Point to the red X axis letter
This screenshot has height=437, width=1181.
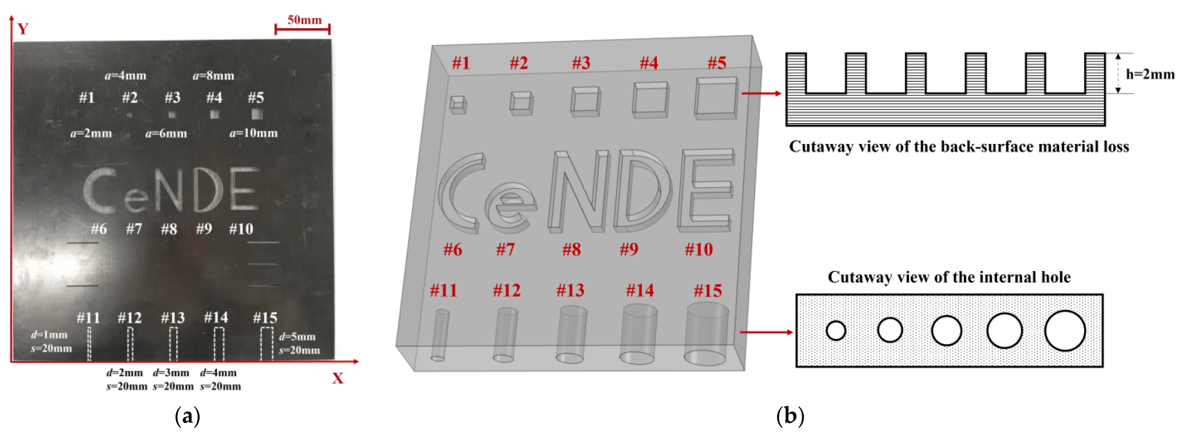(338, 379)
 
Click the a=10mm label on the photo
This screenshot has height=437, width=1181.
(254, 133)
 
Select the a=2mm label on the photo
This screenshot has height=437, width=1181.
(91, 133)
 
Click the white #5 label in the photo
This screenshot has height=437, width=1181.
(256, 97)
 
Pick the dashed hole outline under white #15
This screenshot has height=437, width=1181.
(266, 344)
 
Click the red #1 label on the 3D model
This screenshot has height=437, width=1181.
(461, 63)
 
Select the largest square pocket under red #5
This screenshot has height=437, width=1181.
(716, 98)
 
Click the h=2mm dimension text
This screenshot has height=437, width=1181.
(1150, 74)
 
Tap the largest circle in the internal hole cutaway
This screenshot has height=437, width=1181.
(1065, 331)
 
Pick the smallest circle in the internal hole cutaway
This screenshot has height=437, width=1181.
(835, 331)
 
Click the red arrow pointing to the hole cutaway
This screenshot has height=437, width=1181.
(766, 332)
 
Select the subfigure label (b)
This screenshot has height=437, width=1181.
(790, 416)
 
